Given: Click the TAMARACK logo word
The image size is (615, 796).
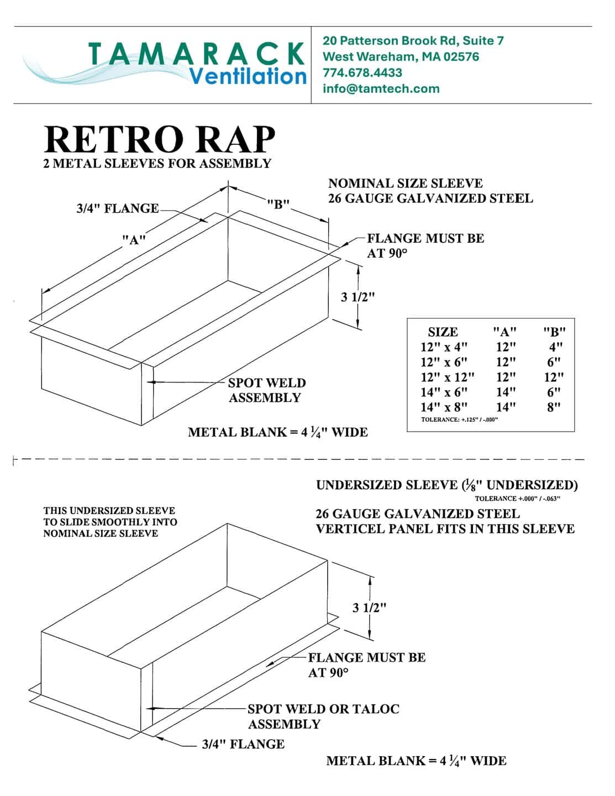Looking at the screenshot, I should click(196, 54).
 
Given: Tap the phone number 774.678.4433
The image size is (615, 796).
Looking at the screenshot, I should click(362, 72).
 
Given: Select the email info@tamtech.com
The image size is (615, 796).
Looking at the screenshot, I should click(381, 88).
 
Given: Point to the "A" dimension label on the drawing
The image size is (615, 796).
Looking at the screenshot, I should click(134, 240).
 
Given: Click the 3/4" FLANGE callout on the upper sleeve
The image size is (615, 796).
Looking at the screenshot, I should click(117, 208).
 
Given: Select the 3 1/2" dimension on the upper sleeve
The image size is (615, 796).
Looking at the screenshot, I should click(358, 297).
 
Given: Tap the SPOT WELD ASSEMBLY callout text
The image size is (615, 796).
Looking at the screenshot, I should click(266, 390).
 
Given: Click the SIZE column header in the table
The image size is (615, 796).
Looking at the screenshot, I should click(443, 332).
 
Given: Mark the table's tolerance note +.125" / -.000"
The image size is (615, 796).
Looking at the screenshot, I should click(460, 420).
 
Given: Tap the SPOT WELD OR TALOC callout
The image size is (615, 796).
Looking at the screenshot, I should click(323, 709).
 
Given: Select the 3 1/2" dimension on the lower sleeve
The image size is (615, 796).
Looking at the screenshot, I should click(369, 608).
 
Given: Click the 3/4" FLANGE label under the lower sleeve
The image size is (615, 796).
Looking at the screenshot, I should click(243, 744).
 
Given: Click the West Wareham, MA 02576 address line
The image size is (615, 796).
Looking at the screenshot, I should click(401, 56).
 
